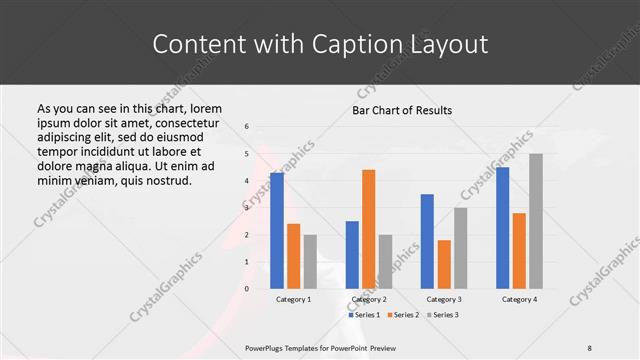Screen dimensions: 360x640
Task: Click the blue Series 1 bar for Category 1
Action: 276,231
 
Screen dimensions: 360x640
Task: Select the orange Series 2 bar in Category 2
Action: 368,229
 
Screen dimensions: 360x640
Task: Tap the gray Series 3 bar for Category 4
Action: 535,221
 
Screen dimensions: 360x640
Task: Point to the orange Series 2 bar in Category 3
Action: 443,264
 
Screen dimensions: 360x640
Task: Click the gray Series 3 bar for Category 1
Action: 310,262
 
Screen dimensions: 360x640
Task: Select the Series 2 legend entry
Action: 403,315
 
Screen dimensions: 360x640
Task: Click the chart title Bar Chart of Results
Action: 402,110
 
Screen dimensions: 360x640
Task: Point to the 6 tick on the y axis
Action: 247,127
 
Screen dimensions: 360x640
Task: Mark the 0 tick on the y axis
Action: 247,289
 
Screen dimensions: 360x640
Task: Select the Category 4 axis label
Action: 518,299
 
